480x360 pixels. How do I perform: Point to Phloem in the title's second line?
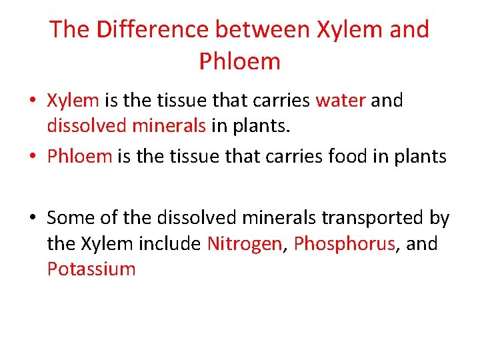pyautogui.click(x=239, y=61)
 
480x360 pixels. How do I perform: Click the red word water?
pyautogui.click(x=340, y=101)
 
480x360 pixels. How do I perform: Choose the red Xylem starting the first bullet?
pyautogui.click(x=73, y=101)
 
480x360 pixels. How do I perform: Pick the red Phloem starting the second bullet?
pyautogui.click(x=79, y=157)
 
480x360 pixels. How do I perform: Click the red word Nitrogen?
pyautogui.click(x=244, y=244)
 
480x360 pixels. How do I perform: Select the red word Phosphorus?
pyautogui.click(x=344, y=244)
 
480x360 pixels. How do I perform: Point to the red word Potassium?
pyautogui.click(x=91, y=269)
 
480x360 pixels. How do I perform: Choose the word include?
pyautogui.click(x=169, y=244)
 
